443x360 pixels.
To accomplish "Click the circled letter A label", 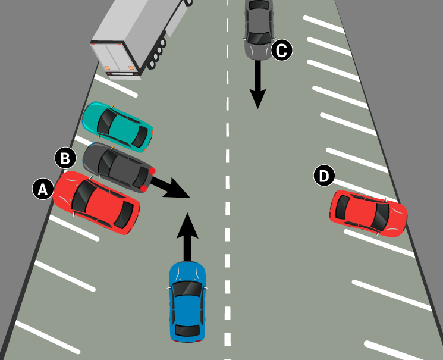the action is [43, 189].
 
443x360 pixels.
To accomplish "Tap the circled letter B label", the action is [65, 158].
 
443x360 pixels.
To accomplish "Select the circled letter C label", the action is [282, 50].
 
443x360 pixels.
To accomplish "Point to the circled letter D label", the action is [324, 176].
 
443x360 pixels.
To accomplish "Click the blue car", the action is [187, 302].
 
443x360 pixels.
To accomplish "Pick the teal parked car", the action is [118, 127].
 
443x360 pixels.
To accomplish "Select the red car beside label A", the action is [96, 202].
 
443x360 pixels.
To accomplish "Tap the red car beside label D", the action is [369, 214].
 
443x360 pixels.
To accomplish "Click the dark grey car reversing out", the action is [119, 168].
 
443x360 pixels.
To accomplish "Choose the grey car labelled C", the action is [259, 30].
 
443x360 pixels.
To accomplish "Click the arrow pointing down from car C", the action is [257, 84].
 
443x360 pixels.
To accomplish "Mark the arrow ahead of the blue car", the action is [187, 237].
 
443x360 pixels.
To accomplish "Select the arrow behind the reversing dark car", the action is [170, 187].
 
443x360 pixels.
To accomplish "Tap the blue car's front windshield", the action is [187, 289].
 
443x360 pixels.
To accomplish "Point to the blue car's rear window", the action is [187, 330].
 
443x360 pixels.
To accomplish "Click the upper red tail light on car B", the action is [152, 171].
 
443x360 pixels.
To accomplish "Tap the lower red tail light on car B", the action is [143, 189].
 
